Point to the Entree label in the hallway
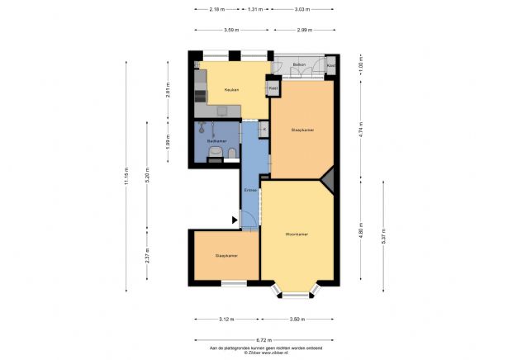(249, 191)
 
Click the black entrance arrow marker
(235, 220)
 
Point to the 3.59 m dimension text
(232, 30)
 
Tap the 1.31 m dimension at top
(255, 9)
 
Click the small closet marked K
(264, 129)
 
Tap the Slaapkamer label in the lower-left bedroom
(226, 256)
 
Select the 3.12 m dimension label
(226, 318)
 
